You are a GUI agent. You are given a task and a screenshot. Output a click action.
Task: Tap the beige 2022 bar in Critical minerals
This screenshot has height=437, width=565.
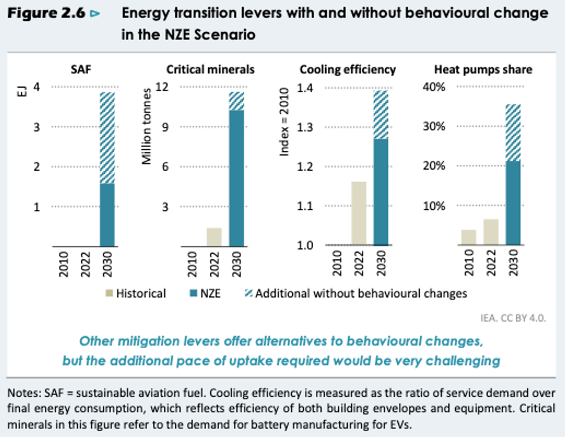214,236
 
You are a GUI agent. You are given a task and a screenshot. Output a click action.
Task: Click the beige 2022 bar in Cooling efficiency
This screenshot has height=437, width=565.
359,213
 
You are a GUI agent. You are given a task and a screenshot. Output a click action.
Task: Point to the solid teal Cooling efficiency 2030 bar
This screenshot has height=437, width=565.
381,192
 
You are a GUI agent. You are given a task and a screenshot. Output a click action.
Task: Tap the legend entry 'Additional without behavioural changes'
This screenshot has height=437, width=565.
361,293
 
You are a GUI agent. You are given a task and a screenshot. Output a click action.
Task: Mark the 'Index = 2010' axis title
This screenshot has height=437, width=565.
284,127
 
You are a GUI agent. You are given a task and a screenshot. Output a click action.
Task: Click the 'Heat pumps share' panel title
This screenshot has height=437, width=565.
483,70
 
